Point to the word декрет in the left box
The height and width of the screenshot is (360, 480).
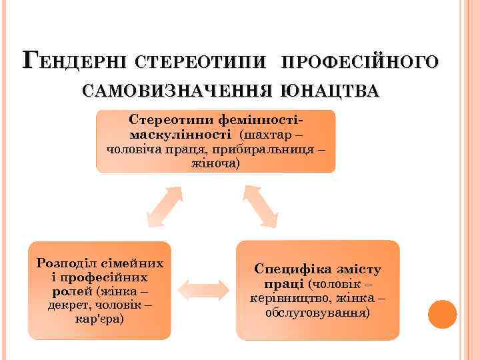click(67, 305)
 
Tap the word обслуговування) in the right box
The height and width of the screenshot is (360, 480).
click(317, 312)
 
